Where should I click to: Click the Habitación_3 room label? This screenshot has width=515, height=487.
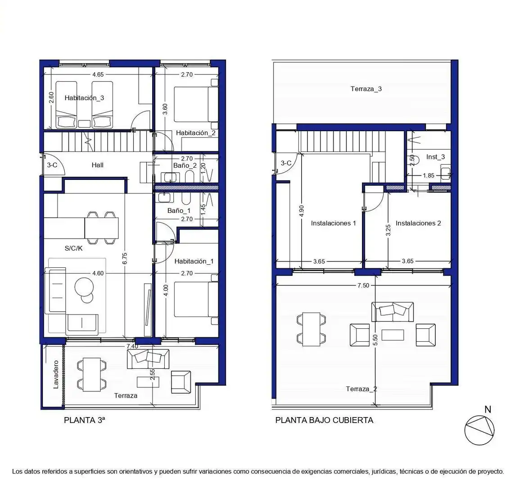point(84,98)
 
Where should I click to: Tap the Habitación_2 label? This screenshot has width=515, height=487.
point(196,133)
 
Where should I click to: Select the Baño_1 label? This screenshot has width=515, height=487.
point(179,211)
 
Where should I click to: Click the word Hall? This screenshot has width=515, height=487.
point(98,165)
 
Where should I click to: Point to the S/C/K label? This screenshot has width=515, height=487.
point(73,248)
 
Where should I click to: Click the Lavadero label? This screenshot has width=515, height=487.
point(56,374)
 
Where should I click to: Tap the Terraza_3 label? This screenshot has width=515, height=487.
point(366,89)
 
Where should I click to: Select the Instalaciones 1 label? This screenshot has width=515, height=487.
point(334,223)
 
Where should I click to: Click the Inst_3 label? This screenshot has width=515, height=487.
point(435,157)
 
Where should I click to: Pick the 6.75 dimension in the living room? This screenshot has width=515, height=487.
point(125,259)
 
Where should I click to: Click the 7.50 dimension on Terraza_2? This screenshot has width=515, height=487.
point(363,285)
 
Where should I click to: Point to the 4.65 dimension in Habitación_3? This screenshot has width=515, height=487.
point(98,75)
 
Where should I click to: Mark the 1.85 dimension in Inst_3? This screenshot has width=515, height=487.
point(429,176)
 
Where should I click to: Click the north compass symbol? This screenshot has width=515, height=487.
point(479,430)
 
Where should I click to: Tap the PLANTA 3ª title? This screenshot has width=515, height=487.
point(85,420)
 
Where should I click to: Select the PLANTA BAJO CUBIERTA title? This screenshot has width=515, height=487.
point(324,420)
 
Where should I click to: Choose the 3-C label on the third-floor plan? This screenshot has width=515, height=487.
point(52,165)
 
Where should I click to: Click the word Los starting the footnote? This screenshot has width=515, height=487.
point(18,472)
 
